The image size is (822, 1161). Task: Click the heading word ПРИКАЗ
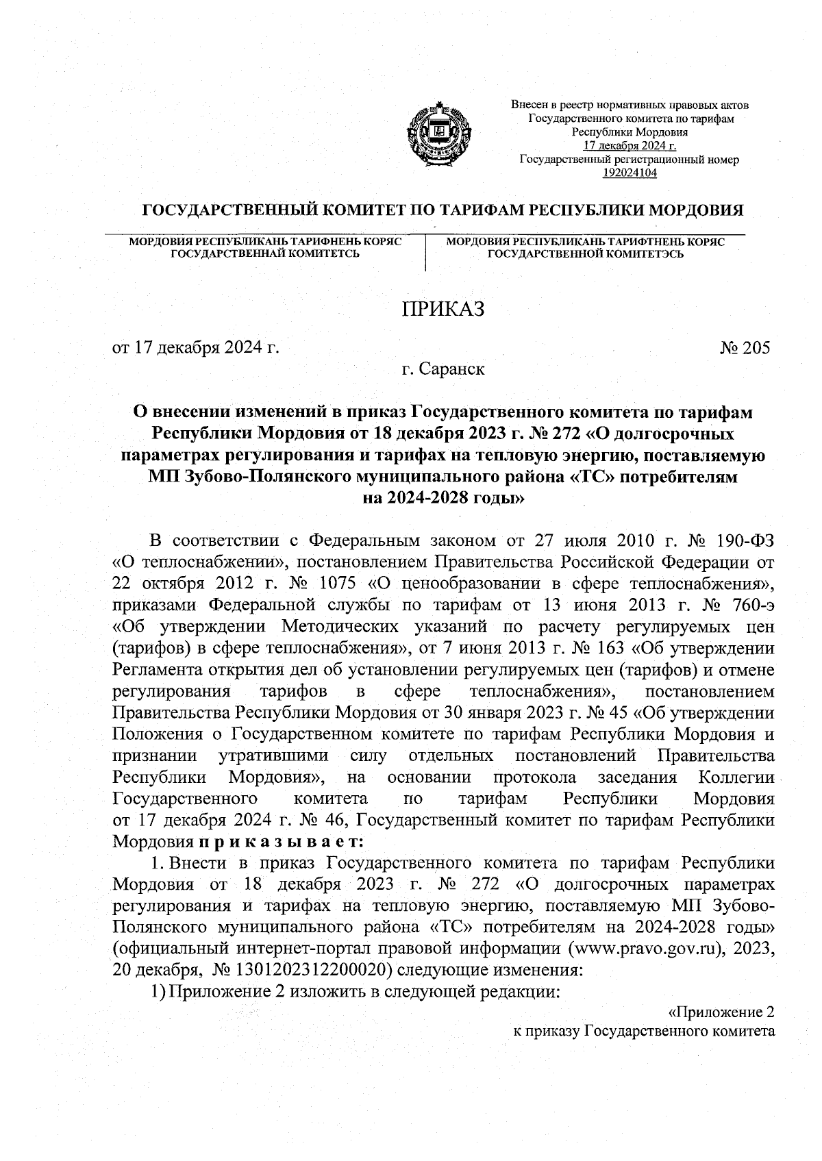[443, 309]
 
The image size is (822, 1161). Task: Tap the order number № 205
[745, 348]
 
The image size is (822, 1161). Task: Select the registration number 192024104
[630, 173]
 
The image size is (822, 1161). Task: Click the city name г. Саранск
[443, 370]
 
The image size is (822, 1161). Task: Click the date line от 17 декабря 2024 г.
[197, 348]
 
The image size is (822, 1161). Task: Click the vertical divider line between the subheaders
[426, 253]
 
